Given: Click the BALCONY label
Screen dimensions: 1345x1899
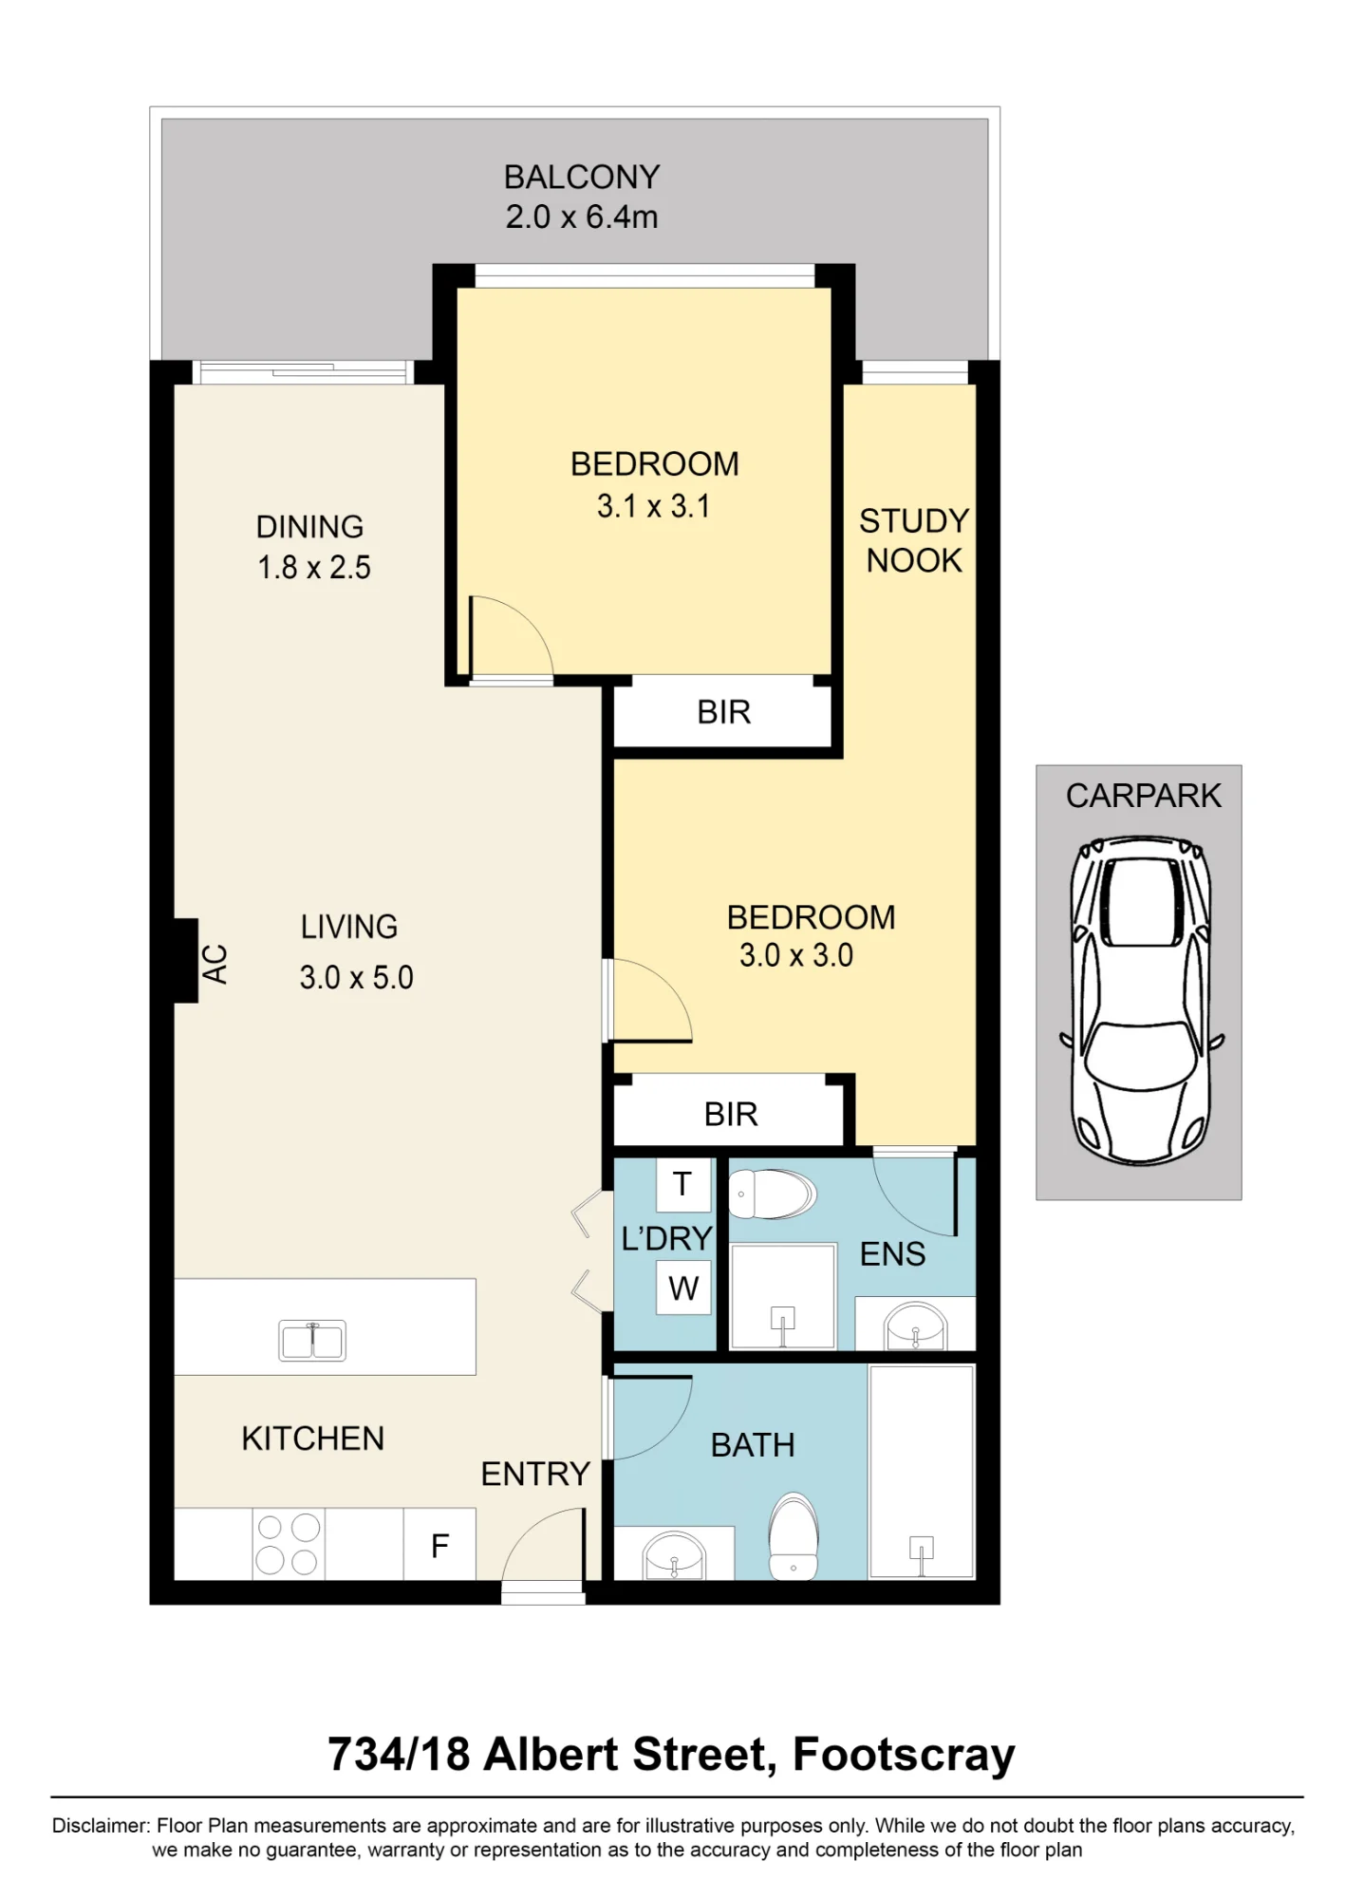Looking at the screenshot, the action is (x=582, y=178).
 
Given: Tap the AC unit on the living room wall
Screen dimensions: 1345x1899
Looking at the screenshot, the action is (x=186, y=960).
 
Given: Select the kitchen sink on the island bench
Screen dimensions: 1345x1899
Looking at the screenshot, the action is (x=312, y=1340).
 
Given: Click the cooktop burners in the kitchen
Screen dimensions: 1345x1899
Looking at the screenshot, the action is (x=288, y=1544).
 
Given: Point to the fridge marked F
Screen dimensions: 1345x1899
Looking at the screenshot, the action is (x=439, y=1544).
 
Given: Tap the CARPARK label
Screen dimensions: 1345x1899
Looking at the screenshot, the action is (x=1143, y=796).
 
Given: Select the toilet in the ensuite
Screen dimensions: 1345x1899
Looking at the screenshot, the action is (x=772, y=1194).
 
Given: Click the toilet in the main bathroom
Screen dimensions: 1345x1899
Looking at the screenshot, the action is (x=794, y=1536).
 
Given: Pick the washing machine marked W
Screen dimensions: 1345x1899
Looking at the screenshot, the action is (x=683, y=1288).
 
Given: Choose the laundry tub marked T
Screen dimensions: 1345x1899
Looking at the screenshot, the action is (x=683, y=1184).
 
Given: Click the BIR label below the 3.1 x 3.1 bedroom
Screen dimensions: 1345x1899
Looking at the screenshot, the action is (x=723, y=712).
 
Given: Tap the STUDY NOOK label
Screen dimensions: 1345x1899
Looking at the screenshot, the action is (x=914, y=540).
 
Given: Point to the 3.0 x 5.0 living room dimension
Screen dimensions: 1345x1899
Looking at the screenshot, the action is (x=356, y=977).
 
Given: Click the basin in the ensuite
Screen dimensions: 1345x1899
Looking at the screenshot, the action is (x=915, y=1326).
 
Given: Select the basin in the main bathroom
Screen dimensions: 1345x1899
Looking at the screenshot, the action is (x=674, y=1555).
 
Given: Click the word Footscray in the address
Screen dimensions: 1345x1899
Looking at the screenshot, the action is (x=904, y=1754).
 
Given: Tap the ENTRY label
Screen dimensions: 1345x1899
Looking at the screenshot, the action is (x=535, y=1474).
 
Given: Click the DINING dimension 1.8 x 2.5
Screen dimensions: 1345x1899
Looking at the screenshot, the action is (x=314, y=568).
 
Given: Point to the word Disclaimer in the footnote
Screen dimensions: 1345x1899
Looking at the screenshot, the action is (x=101, y=1825).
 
